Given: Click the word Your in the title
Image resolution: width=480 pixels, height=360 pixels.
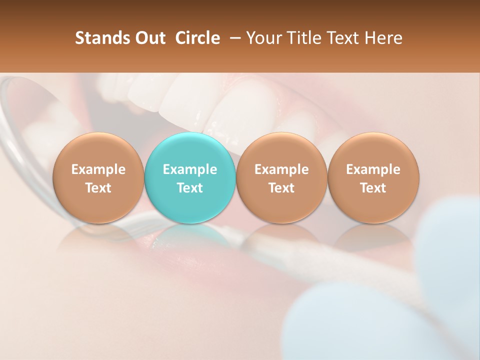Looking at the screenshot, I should [x=264, y=38].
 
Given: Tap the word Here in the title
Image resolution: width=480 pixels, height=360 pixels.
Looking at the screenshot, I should [x=383, y=38].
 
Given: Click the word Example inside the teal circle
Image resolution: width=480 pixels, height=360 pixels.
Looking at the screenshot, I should [x=190, y=169].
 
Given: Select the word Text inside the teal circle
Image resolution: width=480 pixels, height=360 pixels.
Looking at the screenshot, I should [x=190, y=188].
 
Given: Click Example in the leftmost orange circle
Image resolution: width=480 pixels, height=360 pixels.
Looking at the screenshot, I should [x=98, y=169].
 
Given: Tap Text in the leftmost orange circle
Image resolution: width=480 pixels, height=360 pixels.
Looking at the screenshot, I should [x=98, y=188].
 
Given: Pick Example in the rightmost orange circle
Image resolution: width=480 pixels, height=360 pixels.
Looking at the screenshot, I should [x=373, y=169].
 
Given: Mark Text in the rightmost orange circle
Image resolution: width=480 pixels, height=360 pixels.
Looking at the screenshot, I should [x=373, y=188].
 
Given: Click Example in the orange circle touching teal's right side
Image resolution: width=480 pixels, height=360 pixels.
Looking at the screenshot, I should [x=281, y=169].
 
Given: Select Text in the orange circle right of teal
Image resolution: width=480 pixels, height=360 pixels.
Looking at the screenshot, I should [x=281, y=188].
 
